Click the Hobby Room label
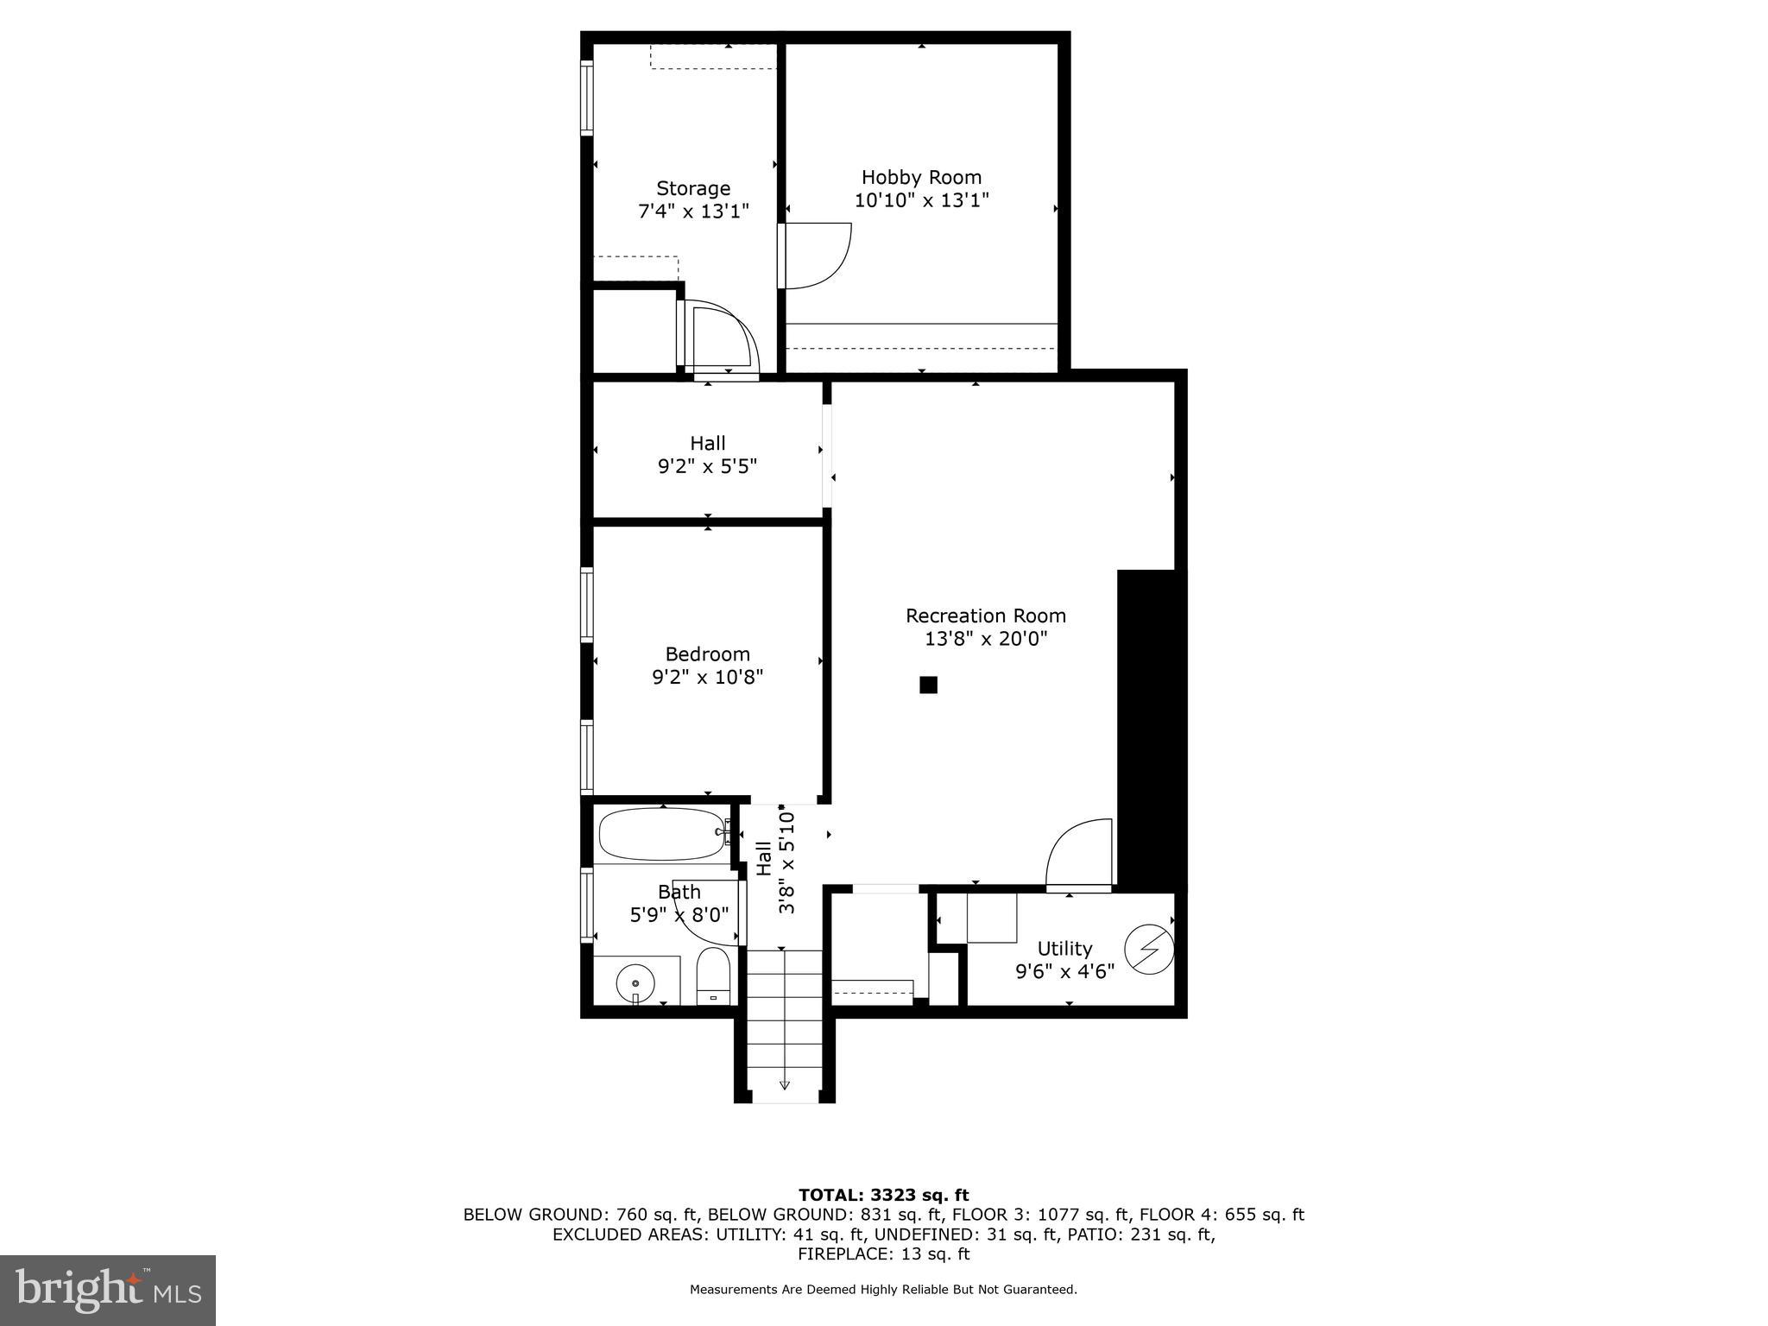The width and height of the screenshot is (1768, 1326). [921, 178]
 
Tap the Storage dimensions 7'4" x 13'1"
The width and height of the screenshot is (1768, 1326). [693, 212]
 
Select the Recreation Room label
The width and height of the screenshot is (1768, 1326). [985, 616]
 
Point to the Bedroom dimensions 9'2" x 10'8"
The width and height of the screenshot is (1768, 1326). [707, 678]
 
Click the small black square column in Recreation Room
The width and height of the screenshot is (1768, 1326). [928, 685]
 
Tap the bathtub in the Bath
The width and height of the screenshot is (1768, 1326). [662, 834]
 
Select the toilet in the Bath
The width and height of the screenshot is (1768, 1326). [713, 977]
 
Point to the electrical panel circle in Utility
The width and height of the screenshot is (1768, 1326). [1150, 950]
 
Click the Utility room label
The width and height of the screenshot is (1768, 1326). [1064, 949]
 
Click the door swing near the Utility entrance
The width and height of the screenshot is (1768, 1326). [1079, 853]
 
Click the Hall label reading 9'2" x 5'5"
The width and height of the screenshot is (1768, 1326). [707, 455]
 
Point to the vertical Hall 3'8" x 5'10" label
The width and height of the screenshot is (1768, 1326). [775, 860]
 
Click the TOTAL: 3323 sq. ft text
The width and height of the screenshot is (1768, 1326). [883, 1196]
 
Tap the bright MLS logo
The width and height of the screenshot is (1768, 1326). [108, 1290]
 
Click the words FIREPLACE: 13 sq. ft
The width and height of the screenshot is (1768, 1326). [883, 1254]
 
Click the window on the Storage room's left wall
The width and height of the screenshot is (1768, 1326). [587, 98]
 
